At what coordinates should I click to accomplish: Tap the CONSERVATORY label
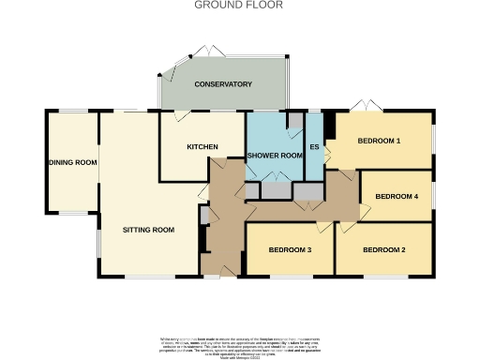pyautogui.click(x=223, y=84)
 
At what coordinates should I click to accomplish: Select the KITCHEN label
pyautogui.click(x=202, y=147)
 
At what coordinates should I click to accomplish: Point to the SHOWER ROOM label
pyautogui.click(x=274, y=155)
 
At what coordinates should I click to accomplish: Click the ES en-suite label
pyautogui.click(x=315, y=148)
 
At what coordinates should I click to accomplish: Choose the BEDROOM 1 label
pyautogui.click(x=379, y=142)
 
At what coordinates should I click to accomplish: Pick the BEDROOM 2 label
pyautogui.click(x=384, y=249)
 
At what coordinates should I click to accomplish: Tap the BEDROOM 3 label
pyautogui.click(x=290, y=250)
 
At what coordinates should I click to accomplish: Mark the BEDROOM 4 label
pyautogui.click(x=397, y=196)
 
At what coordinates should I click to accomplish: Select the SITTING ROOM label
pyautogui.click(x=149, y=230)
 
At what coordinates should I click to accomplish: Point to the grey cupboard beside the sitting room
pyautogui.click(x=203, y=215)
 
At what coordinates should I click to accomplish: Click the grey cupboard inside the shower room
pyautogui.click(x=295, y=120)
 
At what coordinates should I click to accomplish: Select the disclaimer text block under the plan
pyautogui.click(x=239, y=342)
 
